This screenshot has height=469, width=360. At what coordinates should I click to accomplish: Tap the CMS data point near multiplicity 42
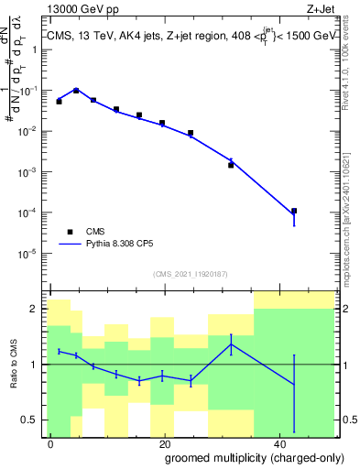[x=294, y=211]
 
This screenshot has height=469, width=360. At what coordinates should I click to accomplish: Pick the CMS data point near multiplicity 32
[x=231, y=165]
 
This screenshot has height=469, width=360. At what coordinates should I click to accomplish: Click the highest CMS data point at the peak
[x=76, y=91]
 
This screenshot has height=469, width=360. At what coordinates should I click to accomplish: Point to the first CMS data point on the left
[x=59, y=101]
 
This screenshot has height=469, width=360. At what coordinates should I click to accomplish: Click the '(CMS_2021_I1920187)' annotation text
[x=190, y=274]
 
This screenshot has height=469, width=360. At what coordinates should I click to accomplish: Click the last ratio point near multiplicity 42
[x=294, y=385]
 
